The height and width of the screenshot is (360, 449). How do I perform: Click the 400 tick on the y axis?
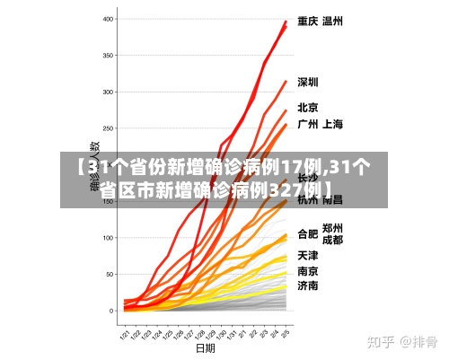109,19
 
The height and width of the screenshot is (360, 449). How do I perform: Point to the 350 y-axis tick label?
109,56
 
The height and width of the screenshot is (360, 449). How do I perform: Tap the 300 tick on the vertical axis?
109,92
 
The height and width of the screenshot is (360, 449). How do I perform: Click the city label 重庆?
308,22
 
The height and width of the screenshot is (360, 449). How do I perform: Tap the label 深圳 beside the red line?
308,82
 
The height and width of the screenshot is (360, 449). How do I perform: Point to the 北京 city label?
308,107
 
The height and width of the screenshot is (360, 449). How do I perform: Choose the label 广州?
308,124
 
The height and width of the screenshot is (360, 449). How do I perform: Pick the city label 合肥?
307,233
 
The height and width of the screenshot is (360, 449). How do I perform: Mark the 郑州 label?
332,228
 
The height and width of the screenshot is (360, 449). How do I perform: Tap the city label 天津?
308,256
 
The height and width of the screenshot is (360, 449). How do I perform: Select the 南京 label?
308,271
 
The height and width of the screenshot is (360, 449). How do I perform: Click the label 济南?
308,286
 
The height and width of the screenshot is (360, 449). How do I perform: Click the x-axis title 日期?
206,347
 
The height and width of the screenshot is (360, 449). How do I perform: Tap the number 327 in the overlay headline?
287,191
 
